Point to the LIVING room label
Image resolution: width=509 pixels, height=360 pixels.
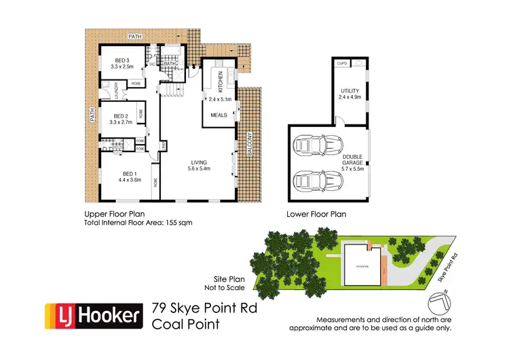pos(198,162)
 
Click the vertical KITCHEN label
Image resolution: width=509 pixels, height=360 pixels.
pos(221,84)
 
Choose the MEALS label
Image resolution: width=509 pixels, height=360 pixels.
pos(218,115)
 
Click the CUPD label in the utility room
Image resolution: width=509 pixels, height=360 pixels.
pos(341,63)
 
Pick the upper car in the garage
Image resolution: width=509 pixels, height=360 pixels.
pos(317,145)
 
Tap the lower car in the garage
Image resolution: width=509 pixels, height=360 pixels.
pos(317,181)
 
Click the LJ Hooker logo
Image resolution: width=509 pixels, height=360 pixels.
pos(93,315)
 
